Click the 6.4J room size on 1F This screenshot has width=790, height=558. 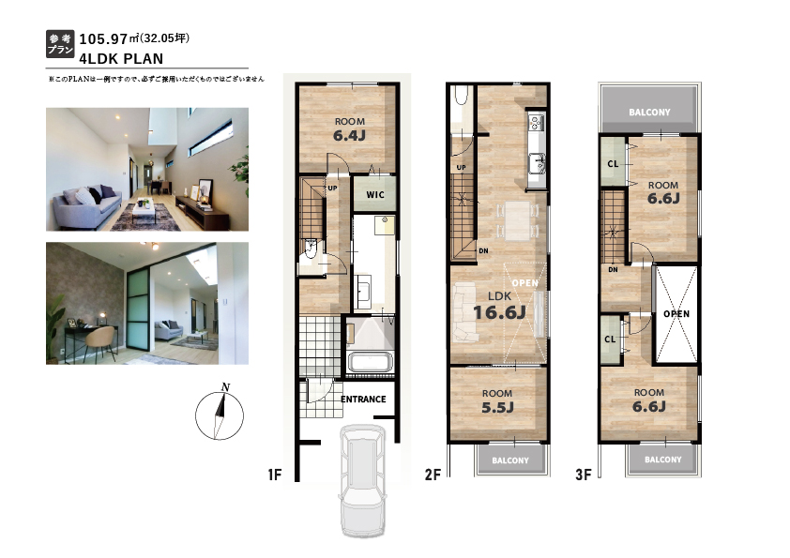pyautogui.click(x=349, y=135)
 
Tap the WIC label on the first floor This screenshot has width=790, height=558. pyautogui.click(x=375, y=195)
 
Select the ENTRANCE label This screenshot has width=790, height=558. pyautogui.click(x=363, y=400)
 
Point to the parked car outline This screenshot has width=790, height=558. pyautogui.click(x=363, y=481)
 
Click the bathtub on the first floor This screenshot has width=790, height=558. pyautogui.click(x=371, y=363)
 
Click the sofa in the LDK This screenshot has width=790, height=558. pyautogui.click(x=465, y=311)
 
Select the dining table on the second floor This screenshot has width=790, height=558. pyautogui.click(x=517, y=220)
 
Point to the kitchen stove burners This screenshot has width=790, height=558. pyautogui.click(x=536, y=121)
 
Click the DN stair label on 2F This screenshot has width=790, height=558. pyautogui.click(x=483, y=250)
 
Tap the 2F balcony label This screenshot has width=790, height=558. pyautogui.click(x=510, y=460)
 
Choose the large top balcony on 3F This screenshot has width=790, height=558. pyautogui.click(x=649, y=110)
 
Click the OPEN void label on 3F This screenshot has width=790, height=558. pyautogui.click(x=676, y=314)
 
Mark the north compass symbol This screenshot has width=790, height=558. pyautogui.click(x=220, y=414)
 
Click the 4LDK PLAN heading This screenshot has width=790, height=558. pyautogui.click(x=121, y=59)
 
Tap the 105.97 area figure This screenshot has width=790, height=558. pyautogui.click(x=103, y=38)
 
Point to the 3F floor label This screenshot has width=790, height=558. pyautogui.click(x=583, y=475)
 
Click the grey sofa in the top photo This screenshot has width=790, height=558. pyautogui.click(x=87, y=204)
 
